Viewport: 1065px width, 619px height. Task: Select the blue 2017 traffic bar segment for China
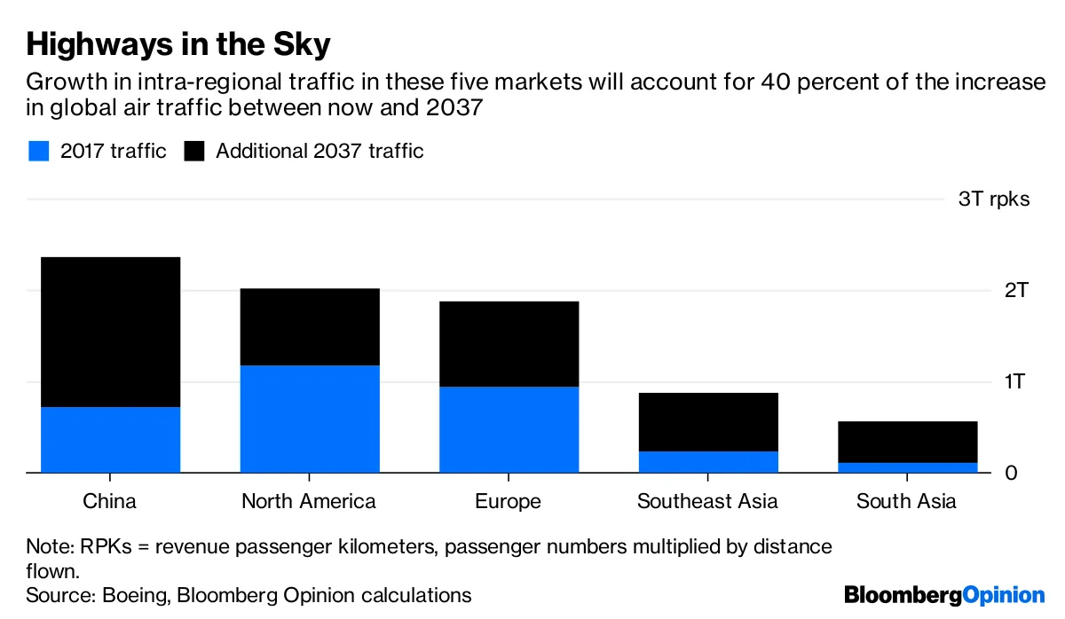tap(110, 440)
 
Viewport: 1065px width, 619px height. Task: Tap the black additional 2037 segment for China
tap(110, 333)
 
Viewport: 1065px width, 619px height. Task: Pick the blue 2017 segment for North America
tap(310, 419)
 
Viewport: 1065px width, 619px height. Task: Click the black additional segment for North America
tap(310, 327)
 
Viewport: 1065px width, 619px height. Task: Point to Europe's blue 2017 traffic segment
tap(509, 429)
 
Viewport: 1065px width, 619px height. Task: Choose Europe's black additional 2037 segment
tap(509, 344)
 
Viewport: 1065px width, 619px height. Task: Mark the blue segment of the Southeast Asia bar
tap(709, 462)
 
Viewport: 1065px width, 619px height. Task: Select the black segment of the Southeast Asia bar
tap(709, 422)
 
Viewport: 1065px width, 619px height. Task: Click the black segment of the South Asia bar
tap(908, 442)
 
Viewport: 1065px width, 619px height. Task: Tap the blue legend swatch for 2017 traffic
tap(38, 151)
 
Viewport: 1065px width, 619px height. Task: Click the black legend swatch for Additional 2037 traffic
tap(194, 151)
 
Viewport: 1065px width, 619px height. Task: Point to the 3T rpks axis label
tap(994, 199)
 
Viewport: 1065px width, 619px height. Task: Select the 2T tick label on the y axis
tap(1014, 290)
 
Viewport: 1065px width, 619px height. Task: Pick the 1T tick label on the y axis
tap(1014, 381)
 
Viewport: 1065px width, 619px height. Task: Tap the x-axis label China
tap(110, 501)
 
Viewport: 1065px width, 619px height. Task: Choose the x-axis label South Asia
tap(906, 501)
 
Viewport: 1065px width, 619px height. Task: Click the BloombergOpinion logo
tap(944, 594)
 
